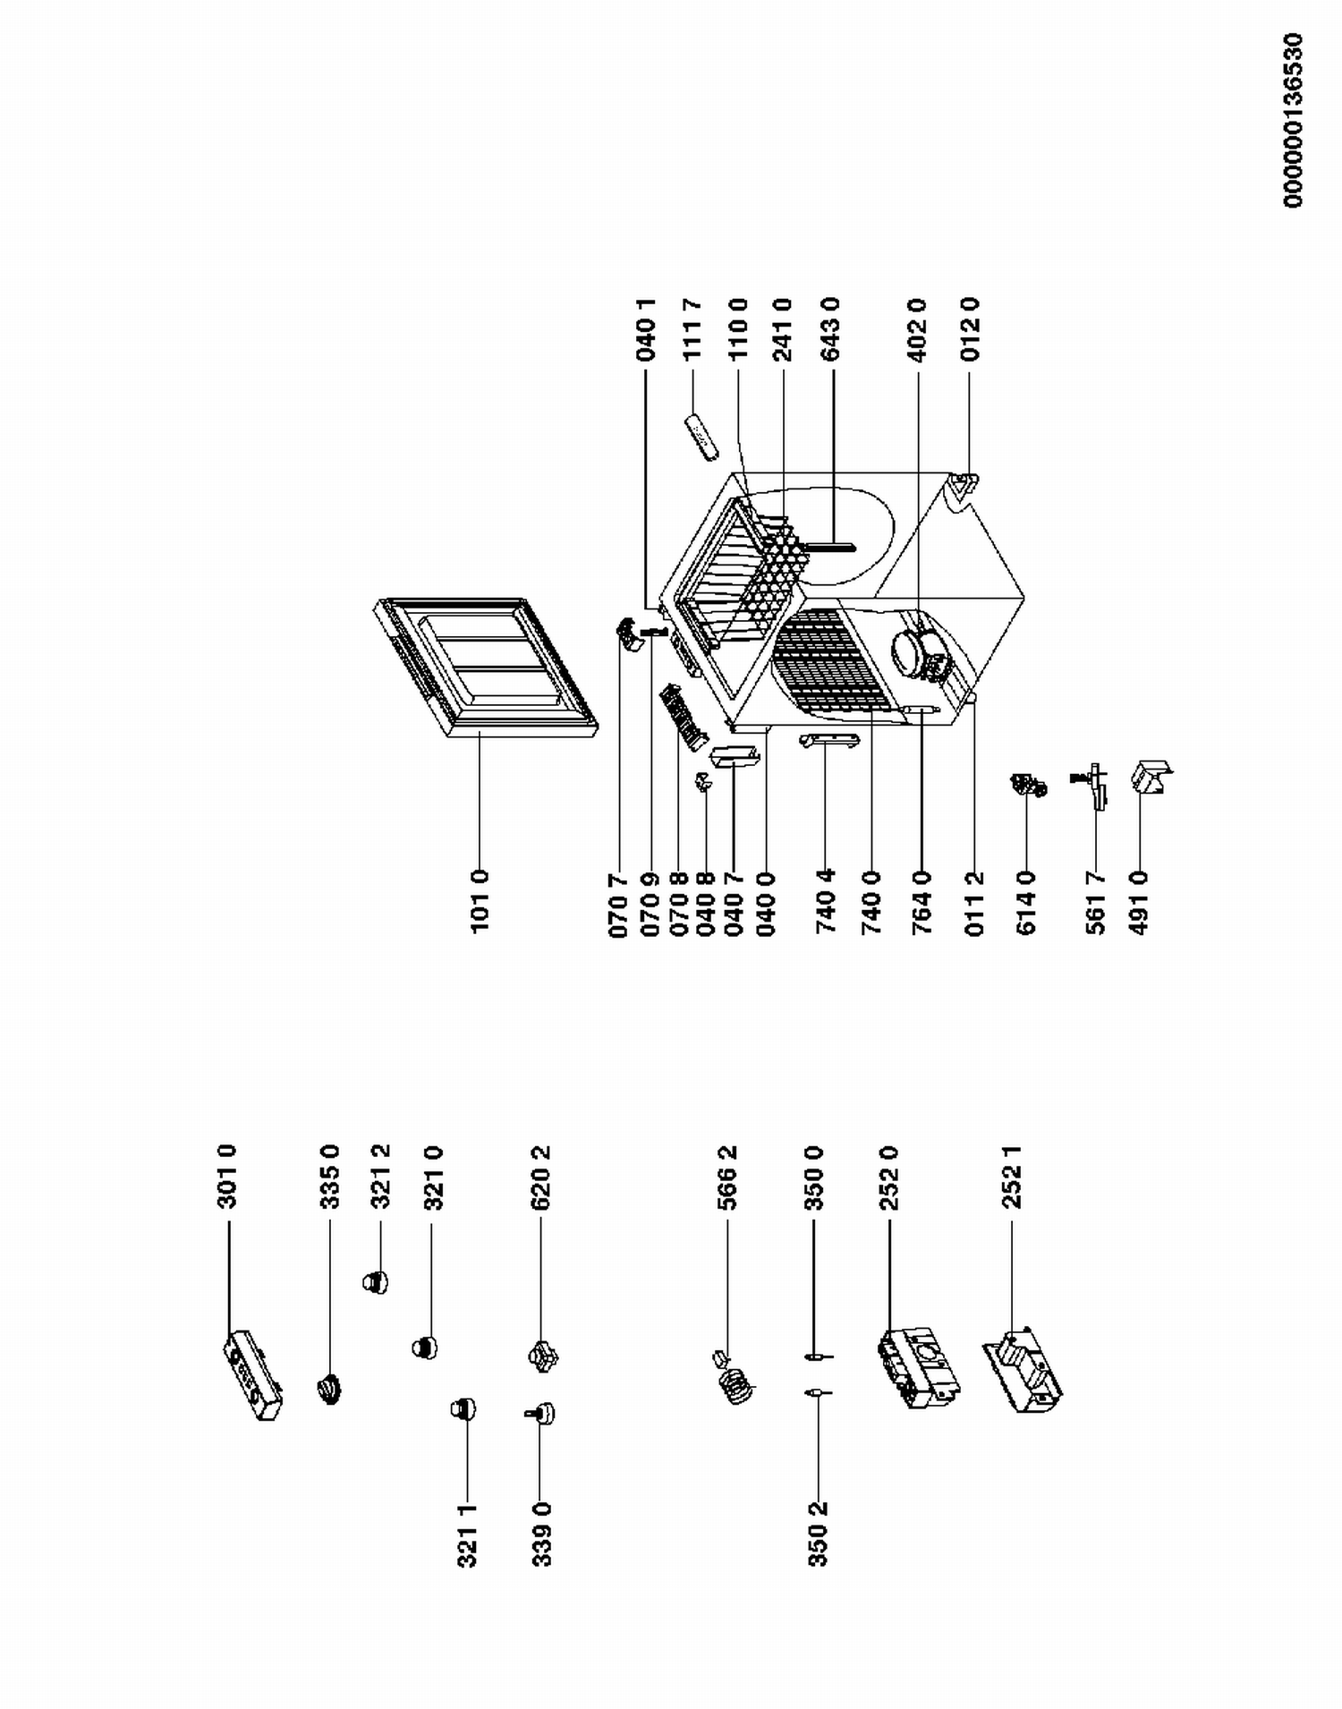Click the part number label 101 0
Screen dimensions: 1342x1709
tap(480, 900)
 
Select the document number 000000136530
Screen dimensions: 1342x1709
tap(1293, 121)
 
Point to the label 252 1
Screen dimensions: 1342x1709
tap(1012, 1177)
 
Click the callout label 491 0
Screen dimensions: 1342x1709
tap(1139, 904)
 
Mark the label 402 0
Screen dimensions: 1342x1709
tap(917, 329)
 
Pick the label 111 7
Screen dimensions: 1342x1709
tap(692, 329)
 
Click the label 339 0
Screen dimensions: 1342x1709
tap(541, 1535)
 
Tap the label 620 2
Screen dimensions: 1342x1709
tap(540, 1177)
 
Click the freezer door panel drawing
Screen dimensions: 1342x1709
tap(484, 667)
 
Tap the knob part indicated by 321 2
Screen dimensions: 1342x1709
tap(375, 1282)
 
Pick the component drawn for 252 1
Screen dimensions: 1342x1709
tap(1023, 1372)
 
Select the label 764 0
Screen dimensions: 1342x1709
tap(922, 904)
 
